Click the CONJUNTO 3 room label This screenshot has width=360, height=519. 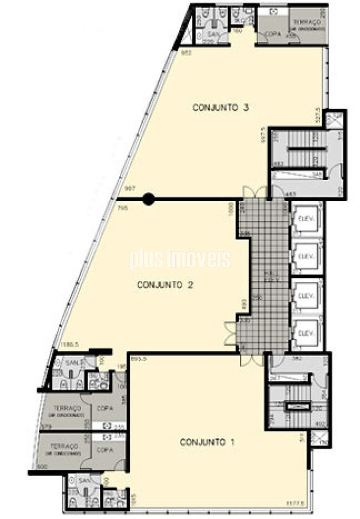tap(220, 108)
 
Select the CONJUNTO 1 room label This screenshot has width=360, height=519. tap(207, 442)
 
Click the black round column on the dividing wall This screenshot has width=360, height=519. tap(149, 199)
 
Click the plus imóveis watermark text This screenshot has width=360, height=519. tap(180, 259)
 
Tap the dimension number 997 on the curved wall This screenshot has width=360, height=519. tap(129, 189)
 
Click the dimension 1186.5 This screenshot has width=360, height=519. tap(70, 344)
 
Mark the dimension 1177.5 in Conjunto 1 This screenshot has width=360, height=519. tap(294, 503)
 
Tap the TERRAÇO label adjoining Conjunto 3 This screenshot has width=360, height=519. tap(306, 22)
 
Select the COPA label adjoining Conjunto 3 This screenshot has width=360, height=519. tap(272, 34)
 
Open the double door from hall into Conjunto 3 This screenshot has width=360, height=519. tap(254, 192)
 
